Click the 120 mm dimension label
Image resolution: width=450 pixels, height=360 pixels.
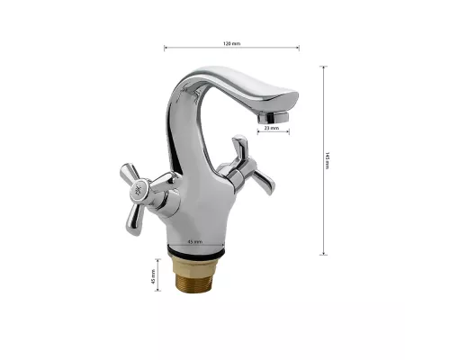pyautogui.click(x=231, y=42)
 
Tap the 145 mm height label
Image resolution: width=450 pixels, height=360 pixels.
pyautogui.click(x=328, y=158)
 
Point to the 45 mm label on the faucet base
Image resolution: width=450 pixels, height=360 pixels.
pyautogui.click(x=193, y=242)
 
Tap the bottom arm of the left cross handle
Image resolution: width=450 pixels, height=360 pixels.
pyautogui.click(x=143, y=216)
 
